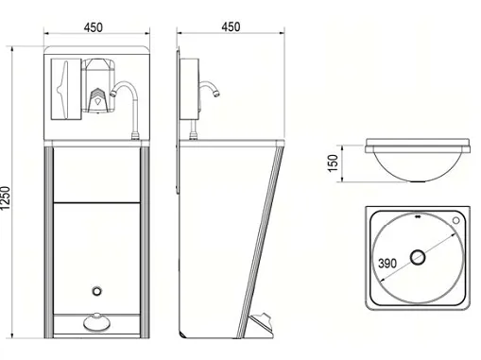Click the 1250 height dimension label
(x=6, y=198)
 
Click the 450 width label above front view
(x=94, y=27)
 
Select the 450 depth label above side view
(x=231, y=26)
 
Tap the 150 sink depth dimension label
(x=333, y=163)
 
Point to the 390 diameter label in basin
(x=387, y=263)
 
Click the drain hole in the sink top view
(x=418, y=257)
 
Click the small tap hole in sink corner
(x=455, y=220)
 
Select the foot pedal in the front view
(x=97, y=322)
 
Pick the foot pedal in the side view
(x=261, y=325)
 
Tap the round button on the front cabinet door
(x=97, y=291)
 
